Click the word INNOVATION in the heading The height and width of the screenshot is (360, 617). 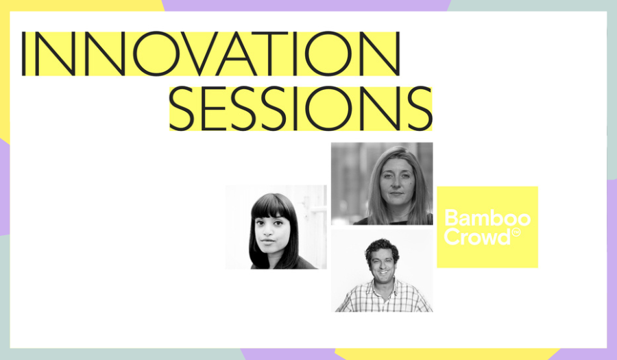pos(211,53)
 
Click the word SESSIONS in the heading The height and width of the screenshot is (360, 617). pos(301,108)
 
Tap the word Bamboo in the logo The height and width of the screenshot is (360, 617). pos(487,218)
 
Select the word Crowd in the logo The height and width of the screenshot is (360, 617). pos(477,237)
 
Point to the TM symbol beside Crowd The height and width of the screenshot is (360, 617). pos(516,232)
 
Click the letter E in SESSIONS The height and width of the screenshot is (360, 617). pos(214,108)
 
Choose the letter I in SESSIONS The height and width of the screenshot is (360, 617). pos(295,108)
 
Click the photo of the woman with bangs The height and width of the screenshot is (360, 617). pos(276,227)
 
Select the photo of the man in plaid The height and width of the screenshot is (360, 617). pos(382,271)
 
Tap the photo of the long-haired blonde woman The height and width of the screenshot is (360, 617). pos(382,183)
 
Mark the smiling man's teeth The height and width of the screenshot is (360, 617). pos(383,272)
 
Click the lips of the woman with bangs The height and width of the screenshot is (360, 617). pos(268,240)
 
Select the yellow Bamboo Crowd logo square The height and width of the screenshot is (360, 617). pos(487,227)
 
